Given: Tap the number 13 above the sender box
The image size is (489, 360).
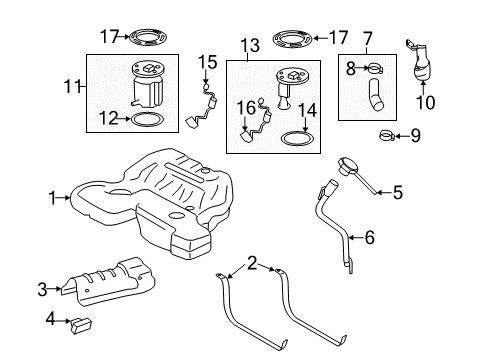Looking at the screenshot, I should tap(249, 45).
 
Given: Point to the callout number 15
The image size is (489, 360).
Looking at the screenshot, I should tap(207, 62).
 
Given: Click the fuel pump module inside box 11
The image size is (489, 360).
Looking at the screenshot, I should tap(146, 80).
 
